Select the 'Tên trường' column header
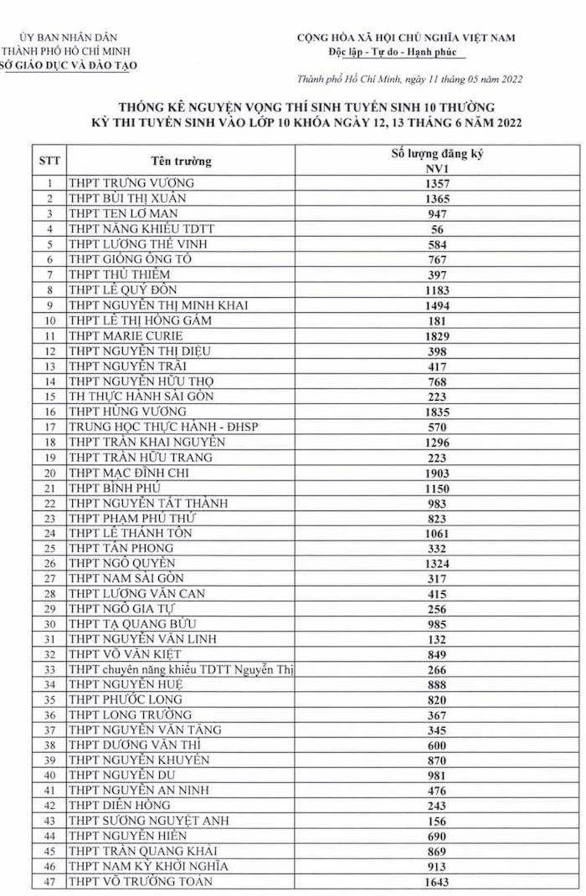click(181, 161)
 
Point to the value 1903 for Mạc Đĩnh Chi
click(436, 473)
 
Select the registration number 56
click(436, 229)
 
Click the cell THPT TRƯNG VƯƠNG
click(131, 183)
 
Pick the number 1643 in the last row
click(436, 882)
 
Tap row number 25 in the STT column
click(49, 549)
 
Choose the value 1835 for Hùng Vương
click(436, 412)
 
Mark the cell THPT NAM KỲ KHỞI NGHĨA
click(148, 866)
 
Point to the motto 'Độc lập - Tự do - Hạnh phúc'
click(406, 52)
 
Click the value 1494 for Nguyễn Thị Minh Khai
click(436, 305)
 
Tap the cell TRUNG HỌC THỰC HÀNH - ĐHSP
click(163, 427)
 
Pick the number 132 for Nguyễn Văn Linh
click(436, 639)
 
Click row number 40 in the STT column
click(49, 776)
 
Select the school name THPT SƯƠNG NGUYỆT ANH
click(148, 821)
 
